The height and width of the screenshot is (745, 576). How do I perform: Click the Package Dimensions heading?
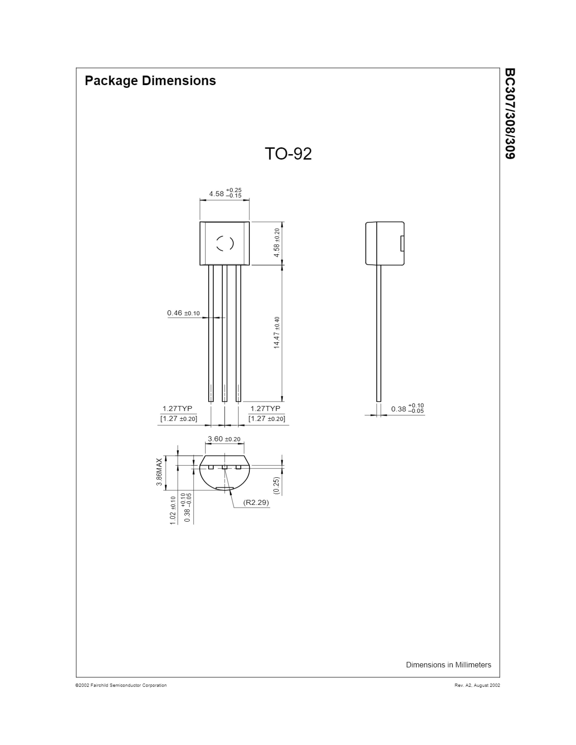point(150,81)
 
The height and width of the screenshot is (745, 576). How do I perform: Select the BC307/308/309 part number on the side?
point(510,114)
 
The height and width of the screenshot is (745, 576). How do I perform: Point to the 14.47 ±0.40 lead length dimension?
point(277,333)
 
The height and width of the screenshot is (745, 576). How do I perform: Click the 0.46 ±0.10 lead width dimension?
point(183,313)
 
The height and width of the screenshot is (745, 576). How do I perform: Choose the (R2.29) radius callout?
point(256,503)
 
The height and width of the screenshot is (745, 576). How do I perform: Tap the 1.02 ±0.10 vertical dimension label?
point(173,510)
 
